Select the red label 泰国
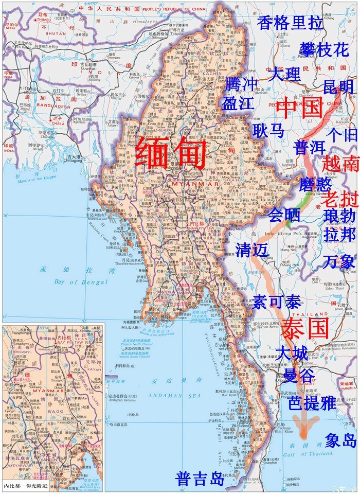click(305, 328)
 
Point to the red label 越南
click(340, 164)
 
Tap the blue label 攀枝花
click(324, 50)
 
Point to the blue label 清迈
click(252, 250)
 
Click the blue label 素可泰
click(276, 302)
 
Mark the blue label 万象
click(339, 261)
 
